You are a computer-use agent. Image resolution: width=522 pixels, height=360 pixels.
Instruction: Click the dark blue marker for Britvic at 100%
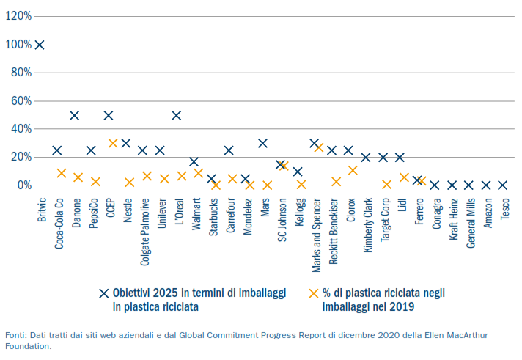coord(40,45)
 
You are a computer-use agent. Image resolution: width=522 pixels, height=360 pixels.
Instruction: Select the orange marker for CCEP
coord(113,143)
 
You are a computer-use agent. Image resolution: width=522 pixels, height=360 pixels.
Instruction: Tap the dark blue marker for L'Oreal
coord(177,115)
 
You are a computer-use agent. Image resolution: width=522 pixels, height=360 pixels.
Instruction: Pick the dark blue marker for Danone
coord(74,115)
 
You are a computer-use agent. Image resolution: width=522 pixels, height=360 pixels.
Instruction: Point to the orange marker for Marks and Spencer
coord(319,147)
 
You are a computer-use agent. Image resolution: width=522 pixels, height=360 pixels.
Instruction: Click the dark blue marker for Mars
coord(262,143)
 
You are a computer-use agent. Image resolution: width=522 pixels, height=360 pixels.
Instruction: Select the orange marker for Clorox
coord(353,170)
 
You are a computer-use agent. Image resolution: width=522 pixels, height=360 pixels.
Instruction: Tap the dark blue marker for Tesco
coord(503,185)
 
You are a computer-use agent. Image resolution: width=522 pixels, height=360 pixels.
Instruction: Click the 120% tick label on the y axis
coord(18,16)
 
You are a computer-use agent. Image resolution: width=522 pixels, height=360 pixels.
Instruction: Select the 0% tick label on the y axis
coord(23,185)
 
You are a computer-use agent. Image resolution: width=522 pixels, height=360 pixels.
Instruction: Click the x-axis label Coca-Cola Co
coord(59,222)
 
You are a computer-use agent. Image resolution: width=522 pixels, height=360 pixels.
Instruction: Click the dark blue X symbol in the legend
coord(105,293)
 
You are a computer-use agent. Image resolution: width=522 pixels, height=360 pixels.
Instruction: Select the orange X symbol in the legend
coord(314,293)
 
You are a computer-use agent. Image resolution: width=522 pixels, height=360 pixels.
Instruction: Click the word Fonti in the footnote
coord(16,334)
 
